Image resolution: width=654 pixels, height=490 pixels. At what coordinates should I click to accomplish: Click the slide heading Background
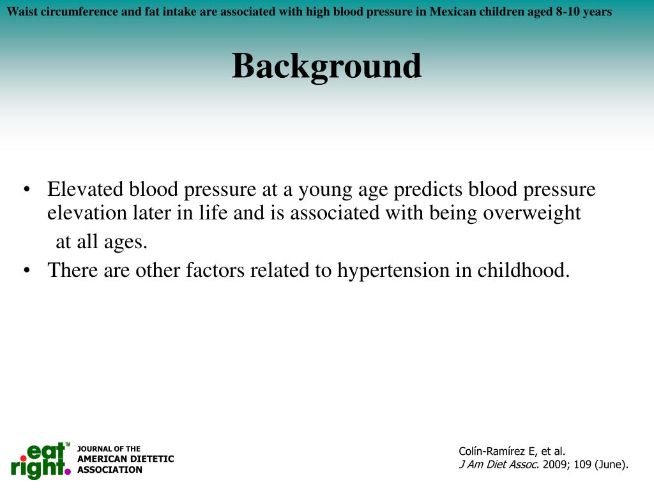[326, 66]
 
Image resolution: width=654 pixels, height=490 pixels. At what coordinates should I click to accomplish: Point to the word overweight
[531, 212]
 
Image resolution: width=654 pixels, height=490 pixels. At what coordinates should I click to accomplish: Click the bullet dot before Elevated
[27, 190]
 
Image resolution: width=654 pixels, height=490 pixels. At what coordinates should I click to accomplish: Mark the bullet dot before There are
[27, 271]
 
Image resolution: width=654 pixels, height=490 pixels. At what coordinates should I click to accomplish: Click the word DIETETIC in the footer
[153, 459]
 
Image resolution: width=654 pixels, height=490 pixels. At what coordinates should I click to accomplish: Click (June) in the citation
[611, 464]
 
